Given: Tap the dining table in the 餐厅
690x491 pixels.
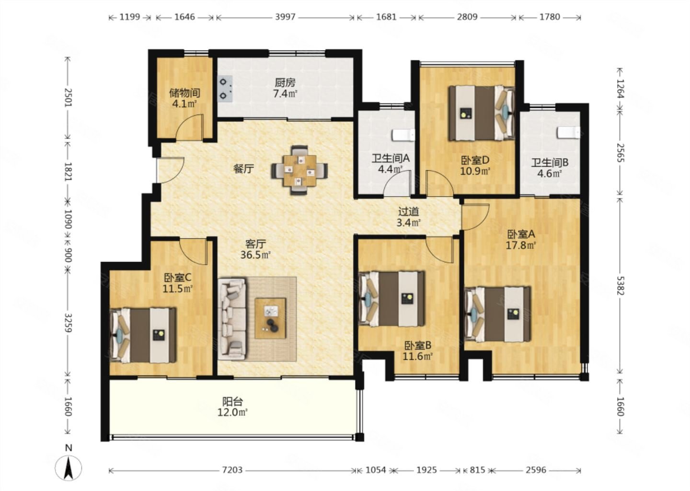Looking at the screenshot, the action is tap(299, 170).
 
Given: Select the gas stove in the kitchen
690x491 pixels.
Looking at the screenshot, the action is tap(225, 89).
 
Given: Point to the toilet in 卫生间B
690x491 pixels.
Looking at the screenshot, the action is tap(569, 132).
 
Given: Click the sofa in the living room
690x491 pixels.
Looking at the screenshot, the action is tap(232, 319).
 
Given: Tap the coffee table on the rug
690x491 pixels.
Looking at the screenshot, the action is tap(270, 318).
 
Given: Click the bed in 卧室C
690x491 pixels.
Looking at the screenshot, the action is tap(143, 335).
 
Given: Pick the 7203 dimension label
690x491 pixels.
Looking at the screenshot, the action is tap(232, 470).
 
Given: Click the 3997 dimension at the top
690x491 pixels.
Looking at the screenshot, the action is tap(285, 17).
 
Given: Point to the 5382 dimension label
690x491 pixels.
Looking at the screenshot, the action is tap(620, 286).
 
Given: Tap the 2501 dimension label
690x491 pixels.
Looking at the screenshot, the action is tap(68, 97).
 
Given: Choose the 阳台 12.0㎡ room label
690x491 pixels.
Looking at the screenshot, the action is tap(232, 407).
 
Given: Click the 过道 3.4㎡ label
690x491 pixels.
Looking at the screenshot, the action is tap(408, 217).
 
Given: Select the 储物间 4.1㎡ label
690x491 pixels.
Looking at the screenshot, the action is tap(184, 98).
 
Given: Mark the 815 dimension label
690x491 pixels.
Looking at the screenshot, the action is tap(477, 470).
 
